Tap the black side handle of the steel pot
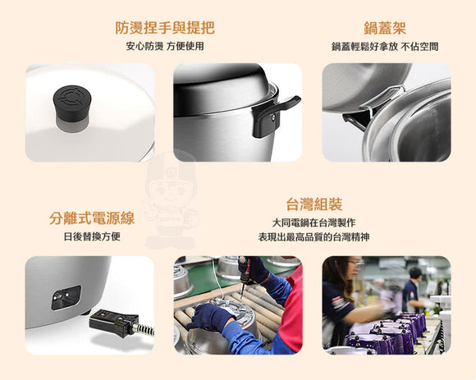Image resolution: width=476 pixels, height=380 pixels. pyautogui.click(x=272, y=116)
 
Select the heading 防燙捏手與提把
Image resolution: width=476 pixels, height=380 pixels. pyautogui.click(x=165, y=28)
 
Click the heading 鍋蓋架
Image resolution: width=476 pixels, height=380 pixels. pyautogui.click(x=385, y=28)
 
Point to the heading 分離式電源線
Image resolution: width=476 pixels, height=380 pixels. pyautogui.click(x=92, y=218)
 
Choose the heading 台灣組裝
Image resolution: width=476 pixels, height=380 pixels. pyautogui.click(x=314, y=204)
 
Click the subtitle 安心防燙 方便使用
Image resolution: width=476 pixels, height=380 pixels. pyautogui.click(x=165, y=46)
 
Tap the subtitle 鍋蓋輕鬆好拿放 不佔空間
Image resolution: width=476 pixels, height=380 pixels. pyautogui.click(x=385, y=47)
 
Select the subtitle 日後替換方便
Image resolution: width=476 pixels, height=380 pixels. pyautogui.click(x=92, y=236)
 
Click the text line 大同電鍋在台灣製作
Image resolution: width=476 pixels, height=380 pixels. pyautogui.click(x=314, y=222)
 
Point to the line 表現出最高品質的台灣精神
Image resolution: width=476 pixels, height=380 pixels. pyautogui.click(x=314, y=236)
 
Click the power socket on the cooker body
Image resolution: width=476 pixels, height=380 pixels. pyautogui.click(x=66, y=297)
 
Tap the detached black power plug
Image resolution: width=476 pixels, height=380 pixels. pyautogui.click(x=114, y=323)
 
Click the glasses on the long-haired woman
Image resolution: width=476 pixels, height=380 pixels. pyautogui.click(x=356, y=264)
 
